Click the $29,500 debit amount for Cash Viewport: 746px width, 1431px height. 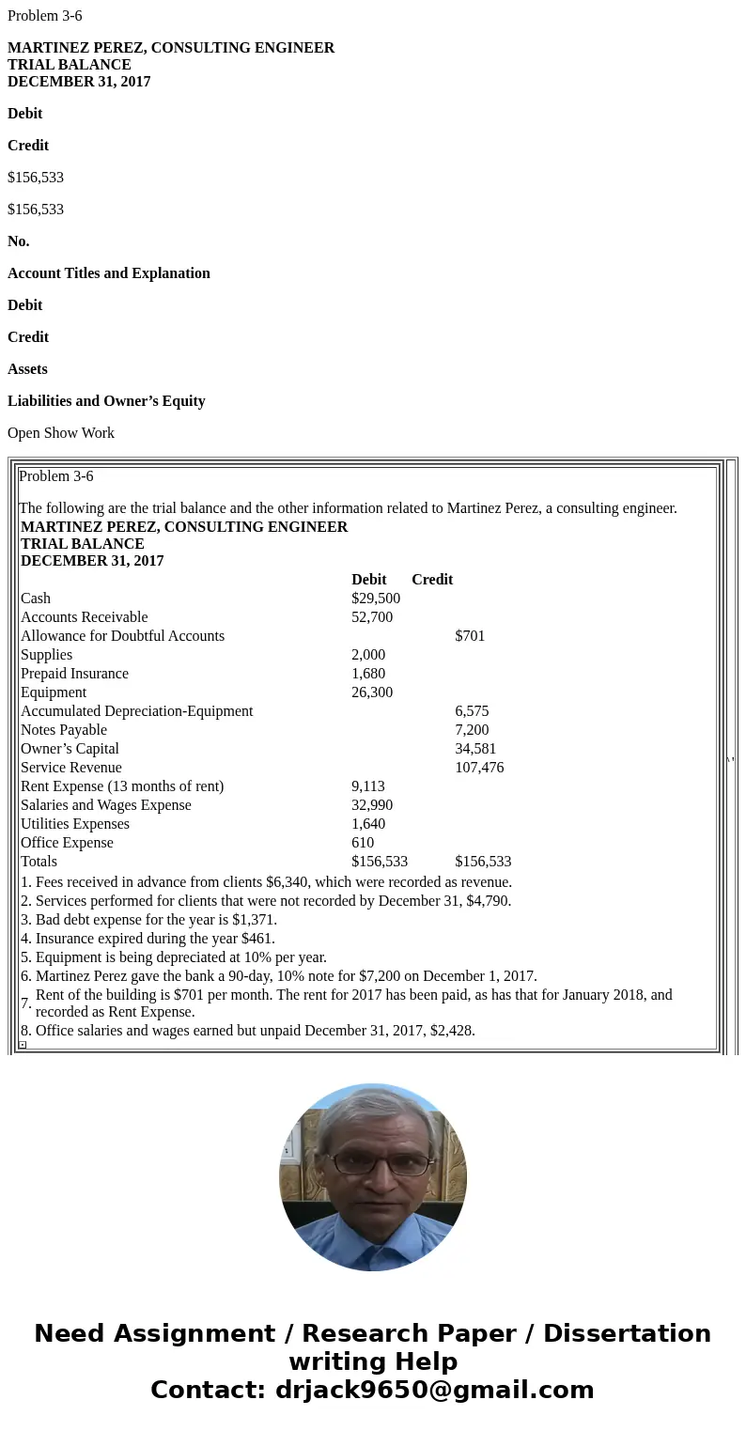(376, 599)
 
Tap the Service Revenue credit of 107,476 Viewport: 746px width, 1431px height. (479, 768)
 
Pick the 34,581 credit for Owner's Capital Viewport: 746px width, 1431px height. (475, 749)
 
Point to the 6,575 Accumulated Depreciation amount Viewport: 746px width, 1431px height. (472, 711)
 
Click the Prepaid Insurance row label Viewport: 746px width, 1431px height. (74, 674)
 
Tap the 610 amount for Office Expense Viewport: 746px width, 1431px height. (363, 843)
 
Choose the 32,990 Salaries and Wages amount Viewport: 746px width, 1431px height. (372, 805)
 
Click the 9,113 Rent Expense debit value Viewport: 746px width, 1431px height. (368, 786)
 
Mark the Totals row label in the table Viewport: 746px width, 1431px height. (39, 862)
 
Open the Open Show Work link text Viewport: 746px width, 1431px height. (61, 433)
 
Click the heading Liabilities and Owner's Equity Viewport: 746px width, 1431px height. (106, 401)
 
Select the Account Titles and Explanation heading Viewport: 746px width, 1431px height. (109, 273)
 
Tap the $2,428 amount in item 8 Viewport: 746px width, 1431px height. (451, 1031)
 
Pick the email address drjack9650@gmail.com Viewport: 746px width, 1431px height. (434, 1390)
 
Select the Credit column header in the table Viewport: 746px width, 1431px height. (432, 580)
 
